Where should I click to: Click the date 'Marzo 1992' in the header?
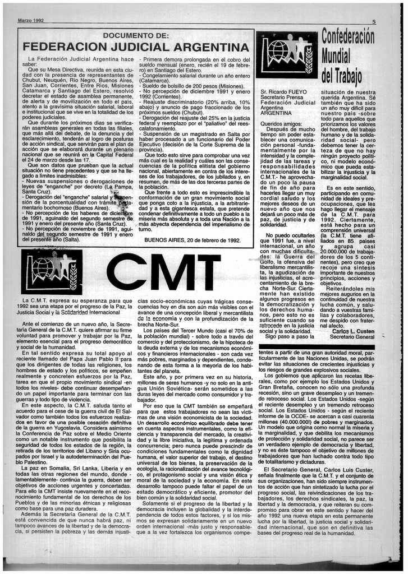coord(31,21)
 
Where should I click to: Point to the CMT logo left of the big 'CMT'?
coord(52,272)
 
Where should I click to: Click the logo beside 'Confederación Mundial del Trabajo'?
coord(286,54)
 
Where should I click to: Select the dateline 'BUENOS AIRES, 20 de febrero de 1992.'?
coord(192,240)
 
